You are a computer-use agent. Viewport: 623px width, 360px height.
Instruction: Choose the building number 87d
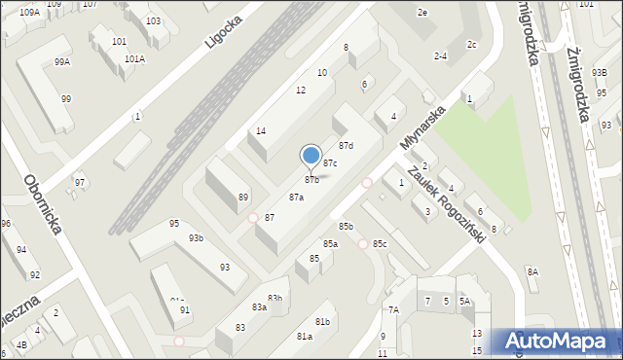point(346,146)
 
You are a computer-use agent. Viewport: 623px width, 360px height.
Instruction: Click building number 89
point(243,198)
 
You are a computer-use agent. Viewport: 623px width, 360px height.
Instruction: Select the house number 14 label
point(261,131)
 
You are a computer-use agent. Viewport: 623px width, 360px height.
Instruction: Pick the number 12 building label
point(301,90)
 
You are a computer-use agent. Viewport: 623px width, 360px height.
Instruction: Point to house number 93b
point(196,238)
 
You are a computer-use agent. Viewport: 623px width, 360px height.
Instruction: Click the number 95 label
point(174,224)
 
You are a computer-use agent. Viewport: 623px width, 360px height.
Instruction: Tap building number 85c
point(380,243)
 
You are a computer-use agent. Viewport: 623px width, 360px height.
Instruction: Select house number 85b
point(346,227)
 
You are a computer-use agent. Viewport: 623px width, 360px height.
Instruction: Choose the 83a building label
point(260,306)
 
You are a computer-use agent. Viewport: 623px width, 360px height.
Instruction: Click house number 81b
point(322,321)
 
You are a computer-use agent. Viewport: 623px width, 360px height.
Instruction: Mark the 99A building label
point(62,61)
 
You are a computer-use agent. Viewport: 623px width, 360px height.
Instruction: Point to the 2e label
point(422,13)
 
